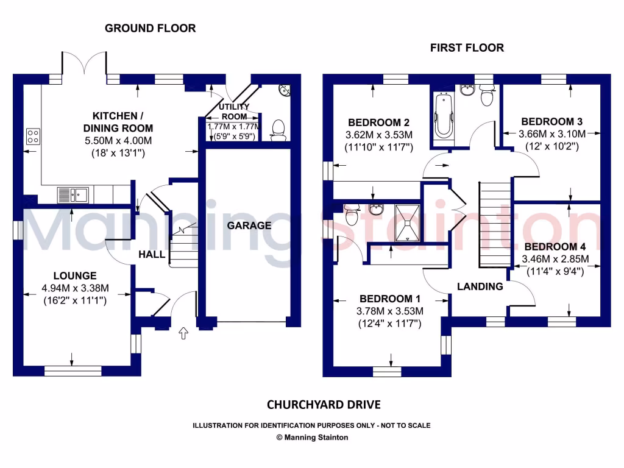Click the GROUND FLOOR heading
click(150, 28)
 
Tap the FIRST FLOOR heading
click(467, 48)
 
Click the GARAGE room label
click(249, 225)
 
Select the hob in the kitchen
click(33, 137)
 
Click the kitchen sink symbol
click(73, 195)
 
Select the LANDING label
click(480, 286)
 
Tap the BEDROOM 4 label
click(555, 247)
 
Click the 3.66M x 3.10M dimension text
click(551, 134)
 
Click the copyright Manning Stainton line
click(311, 437)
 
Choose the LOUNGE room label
click(74, 275)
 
